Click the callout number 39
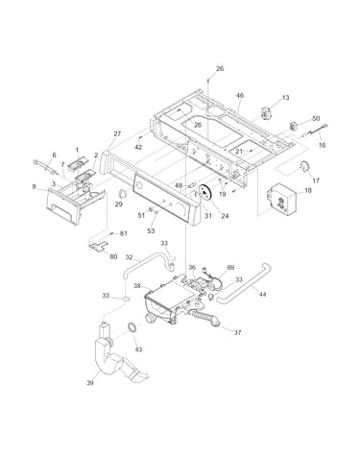[90, 382]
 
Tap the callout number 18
[308, 190]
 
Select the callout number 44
[262, 294]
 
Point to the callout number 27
[117, 133]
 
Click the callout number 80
[113, 256]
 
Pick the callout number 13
[285, 97]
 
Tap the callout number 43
[138, 349]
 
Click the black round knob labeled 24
[204, 192]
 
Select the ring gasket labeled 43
[132, 328]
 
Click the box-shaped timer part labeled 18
[280, 199]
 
